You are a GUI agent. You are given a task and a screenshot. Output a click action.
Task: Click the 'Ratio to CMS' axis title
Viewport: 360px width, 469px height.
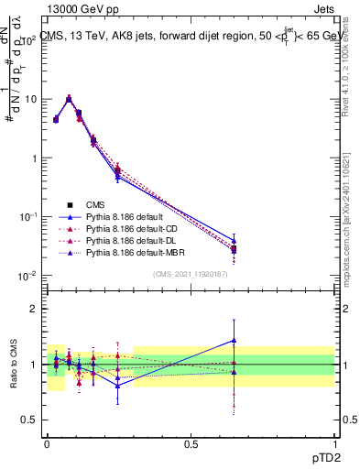click(15, 365)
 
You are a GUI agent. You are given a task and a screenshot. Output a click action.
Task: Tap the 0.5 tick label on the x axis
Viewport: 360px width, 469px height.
click(191, 442)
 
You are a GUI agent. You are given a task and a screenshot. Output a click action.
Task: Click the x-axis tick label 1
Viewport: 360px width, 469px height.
click(333, 442)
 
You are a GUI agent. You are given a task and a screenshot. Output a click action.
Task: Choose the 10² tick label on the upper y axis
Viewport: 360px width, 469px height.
click(28, 40)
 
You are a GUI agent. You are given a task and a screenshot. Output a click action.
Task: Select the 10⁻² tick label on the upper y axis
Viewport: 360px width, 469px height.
click(28, 276)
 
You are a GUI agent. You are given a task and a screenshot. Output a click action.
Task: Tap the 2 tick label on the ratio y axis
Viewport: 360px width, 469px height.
click(34, 309)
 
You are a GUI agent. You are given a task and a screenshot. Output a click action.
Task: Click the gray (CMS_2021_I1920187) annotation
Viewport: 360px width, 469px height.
click(191, 274)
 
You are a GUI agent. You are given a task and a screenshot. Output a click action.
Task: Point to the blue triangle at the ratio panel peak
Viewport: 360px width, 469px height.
click(235, 340)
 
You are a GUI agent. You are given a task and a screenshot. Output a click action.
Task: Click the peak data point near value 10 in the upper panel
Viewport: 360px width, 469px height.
click(69, 99)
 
